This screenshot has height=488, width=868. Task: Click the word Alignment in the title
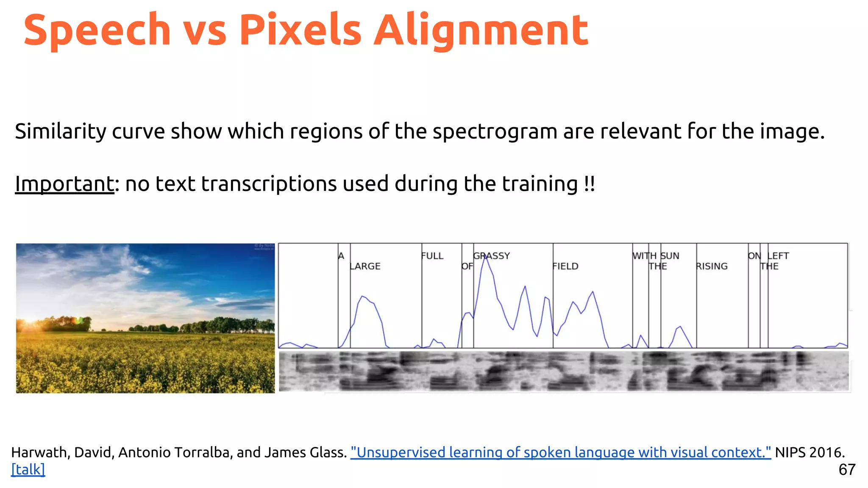point(481,30)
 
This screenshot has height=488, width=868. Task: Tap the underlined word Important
point(64,184)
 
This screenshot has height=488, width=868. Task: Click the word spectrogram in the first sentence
point(495,131)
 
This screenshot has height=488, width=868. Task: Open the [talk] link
point(28,469)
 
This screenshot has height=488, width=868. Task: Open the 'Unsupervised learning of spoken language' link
point(560,452)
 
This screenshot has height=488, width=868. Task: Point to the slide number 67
point(847,469)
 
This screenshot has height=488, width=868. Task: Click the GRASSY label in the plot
point(492,256)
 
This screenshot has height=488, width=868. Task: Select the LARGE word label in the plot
point(365,266)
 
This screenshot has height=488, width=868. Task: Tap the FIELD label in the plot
point(565,266)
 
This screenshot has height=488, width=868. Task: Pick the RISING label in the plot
point(712,266)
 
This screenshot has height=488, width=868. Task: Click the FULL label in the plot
point(432,256)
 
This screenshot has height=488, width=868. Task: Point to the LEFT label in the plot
point(778,256)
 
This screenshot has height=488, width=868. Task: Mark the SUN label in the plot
point(670,256)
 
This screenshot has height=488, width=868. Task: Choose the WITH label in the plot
point(644,256)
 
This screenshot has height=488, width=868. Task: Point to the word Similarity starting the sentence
point(60,131)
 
